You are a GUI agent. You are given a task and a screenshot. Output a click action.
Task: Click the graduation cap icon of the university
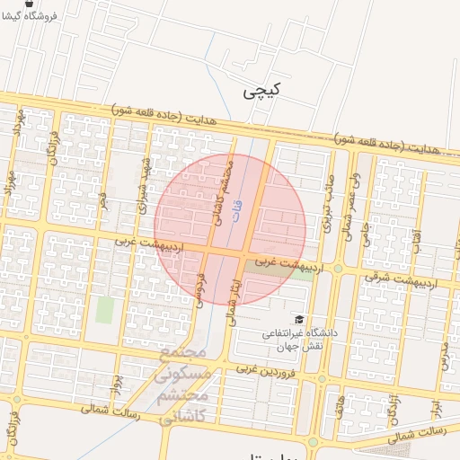pos(298,319)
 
